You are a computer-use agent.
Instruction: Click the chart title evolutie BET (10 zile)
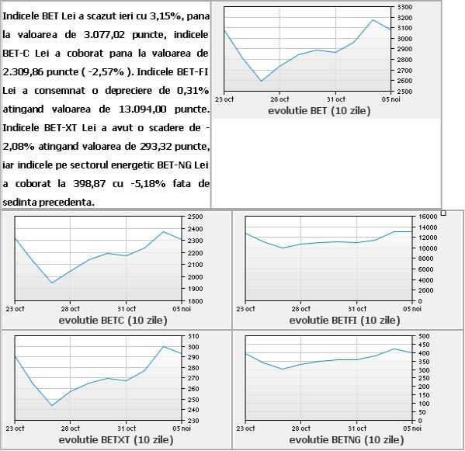(x=319, y=111)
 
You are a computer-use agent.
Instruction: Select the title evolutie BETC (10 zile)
(x=113, y=321)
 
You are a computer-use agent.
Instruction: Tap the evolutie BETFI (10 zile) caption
(x=345, y=321)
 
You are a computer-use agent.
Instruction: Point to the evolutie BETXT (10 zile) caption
(x=116, y=439)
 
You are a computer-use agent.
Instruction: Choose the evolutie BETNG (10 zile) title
(x=346, y=439)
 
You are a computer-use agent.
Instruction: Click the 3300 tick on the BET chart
(x=404, y=7)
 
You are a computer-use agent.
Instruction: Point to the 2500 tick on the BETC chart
(x=195, y=217)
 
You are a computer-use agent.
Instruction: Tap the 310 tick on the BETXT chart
(x=193, y=336)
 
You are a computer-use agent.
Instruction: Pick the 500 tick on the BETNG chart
(x=424, y=336)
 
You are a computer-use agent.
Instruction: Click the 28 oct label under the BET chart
(x=279, y=99)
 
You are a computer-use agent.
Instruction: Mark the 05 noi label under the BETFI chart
(x=412, y=309)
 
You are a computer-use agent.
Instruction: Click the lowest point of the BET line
(x=262, y=81)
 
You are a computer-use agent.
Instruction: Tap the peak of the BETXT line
(x=164, y=346)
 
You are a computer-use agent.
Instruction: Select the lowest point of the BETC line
(x=52, y=283)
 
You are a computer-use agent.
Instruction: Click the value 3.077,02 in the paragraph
(x=104, y=35)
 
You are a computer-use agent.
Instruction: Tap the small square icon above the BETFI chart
(x=443, y=213)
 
